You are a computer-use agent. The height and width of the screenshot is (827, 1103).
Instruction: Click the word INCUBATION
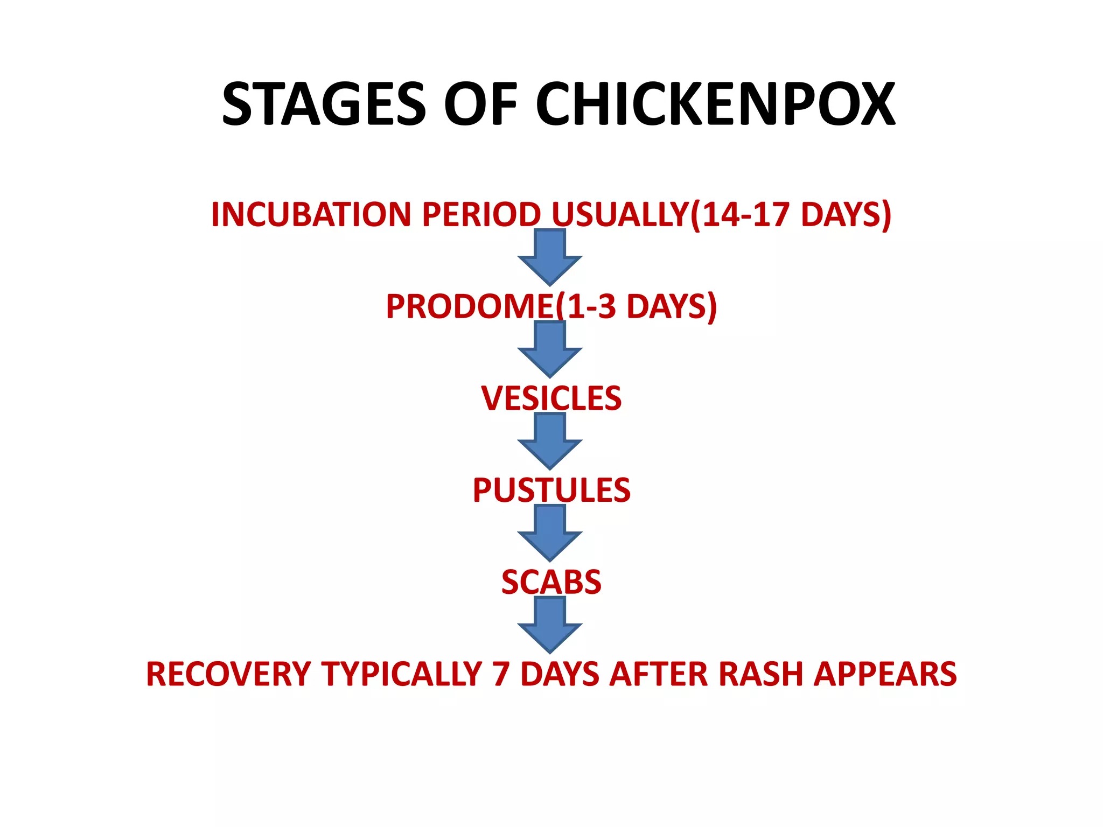(312, 214)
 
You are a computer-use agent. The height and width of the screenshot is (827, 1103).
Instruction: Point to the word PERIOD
(481, 214)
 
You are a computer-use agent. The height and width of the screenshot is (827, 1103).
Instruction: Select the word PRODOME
(470, 306)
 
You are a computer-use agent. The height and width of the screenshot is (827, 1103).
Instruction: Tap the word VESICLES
(551, 398)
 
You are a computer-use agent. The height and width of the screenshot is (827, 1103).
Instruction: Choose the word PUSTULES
(551, 490)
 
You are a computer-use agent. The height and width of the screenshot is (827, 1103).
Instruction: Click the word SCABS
(551, 582)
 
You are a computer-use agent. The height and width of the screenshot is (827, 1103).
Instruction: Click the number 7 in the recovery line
(501, 674)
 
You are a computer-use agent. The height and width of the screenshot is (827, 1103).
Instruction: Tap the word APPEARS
(885, 674)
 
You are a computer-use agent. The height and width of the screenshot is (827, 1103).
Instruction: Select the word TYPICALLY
(402, 674)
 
